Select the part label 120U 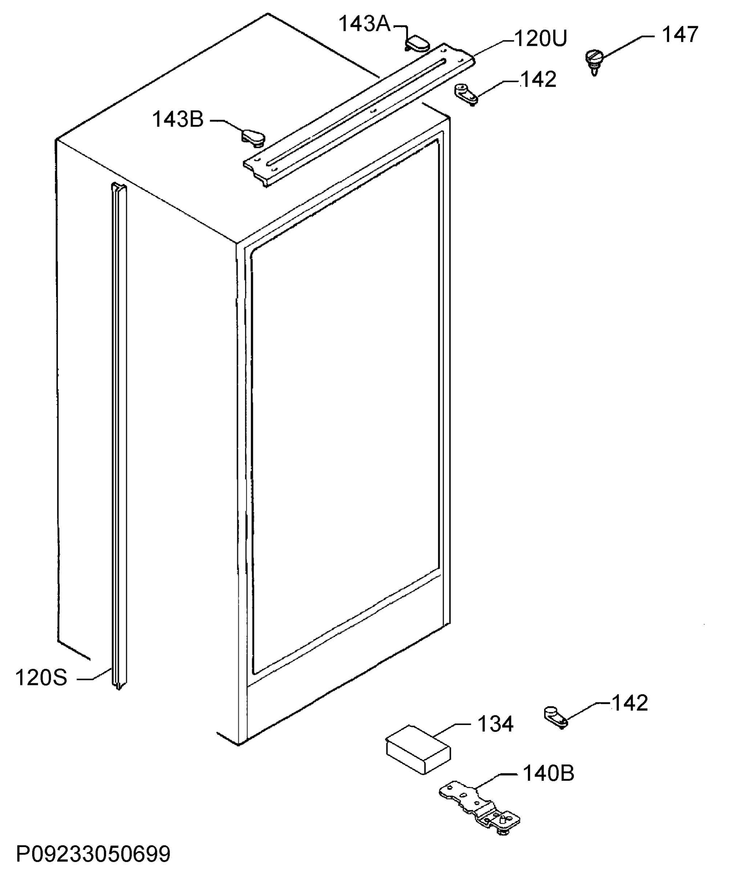pos(540,39)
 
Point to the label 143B pos(177,120)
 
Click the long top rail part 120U pos(359,114)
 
